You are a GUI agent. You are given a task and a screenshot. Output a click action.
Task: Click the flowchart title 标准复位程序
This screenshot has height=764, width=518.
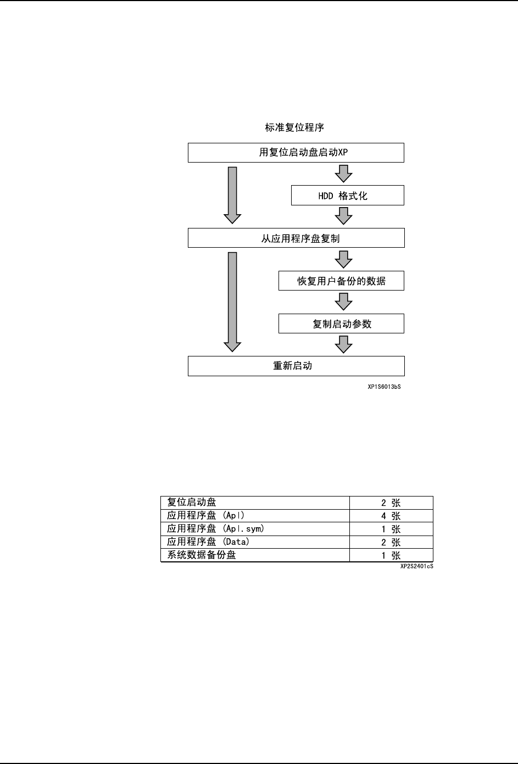coord(294,127)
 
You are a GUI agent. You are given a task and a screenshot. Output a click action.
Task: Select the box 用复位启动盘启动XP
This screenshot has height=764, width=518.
coord(296,153)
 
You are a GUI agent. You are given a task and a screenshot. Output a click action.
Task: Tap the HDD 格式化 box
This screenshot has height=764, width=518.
coord(347,196)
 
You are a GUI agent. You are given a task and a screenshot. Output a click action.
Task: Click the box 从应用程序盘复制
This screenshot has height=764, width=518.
coord(296,238)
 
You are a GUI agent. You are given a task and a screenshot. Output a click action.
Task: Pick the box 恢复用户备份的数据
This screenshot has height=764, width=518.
coord(341,281)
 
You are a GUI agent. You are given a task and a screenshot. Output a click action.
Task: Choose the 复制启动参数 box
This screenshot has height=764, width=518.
coord(341,324)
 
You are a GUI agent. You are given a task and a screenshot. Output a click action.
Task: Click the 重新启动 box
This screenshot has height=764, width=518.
coord(296,366)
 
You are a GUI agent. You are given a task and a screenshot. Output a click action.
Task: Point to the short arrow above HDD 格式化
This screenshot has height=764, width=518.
coord(344,174)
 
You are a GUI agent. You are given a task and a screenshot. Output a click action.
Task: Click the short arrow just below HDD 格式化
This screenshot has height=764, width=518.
coord(344,216)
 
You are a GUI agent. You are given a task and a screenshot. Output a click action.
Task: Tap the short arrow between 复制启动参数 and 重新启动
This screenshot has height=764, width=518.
coord(344,344)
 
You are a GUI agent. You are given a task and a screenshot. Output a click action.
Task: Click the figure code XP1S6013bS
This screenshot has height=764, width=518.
coord(384,387)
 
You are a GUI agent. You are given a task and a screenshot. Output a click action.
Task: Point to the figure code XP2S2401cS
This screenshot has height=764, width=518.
coord(416,566)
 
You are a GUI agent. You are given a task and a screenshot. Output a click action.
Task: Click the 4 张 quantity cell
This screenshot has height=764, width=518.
coord(391,516)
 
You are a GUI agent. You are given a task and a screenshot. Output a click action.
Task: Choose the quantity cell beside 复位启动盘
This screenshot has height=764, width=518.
coord(391,503)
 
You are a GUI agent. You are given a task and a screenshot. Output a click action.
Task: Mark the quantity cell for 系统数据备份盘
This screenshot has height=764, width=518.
coord(391,555)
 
